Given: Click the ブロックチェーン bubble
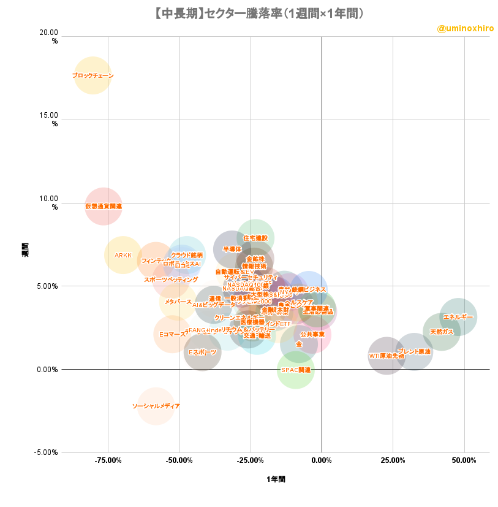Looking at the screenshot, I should click(93, 75).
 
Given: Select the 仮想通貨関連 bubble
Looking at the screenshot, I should click(104, 206).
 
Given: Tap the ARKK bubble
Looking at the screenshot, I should click(123, 255).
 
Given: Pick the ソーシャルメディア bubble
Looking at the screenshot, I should click(156, 406).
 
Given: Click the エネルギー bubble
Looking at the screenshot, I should click(458, 316).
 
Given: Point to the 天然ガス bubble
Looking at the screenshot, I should click(442, 332).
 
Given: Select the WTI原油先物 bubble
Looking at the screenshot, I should click(387, 356).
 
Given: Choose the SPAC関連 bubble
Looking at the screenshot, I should click(296, 370).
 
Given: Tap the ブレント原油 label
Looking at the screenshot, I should click(414, 352).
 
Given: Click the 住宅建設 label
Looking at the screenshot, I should click(255, 238).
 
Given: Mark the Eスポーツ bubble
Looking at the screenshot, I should click(202, 352).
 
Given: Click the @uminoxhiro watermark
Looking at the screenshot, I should click(465, 29).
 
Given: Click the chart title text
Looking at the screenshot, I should click(249, 13).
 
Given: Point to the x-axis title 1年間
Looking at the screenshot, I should click(276, 479).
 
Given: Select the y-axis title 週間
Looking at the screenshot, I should click(26, 249).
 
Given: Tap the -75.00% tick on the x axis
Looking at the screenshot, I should click(108, 459).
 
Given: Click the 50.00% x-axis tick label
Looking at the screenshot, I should click(464, 459).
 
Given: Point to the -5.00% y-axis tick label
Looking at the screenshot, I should click(45, 452).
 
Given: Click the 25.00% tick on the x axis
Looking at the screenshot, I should click(393, 459).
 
